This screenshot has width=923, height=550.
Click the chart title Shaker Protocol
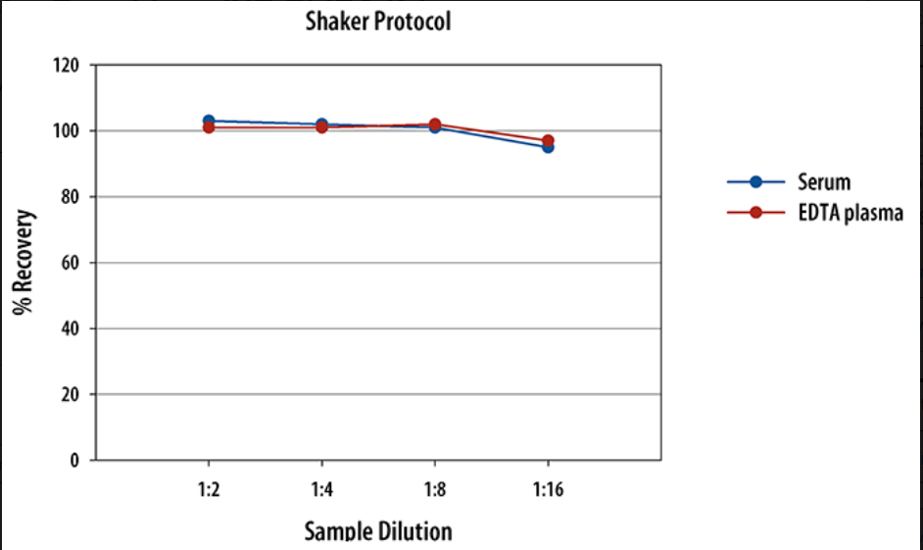(x=377, y=21)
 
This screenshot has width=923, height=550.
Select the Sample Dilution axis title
(x=378, y=531)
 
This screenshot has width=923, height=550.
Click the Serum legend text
(x=824, y=182)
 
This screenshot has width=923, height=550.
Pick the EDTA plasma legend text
(x=850, y=214)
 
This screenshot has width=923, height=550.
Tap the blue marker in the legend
(x=755, y=182)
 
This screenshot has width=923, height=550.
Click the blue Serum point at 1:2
(x=208, y=121)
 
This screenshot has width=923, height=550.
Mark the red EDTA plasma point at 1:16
(x=548, y=140)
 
